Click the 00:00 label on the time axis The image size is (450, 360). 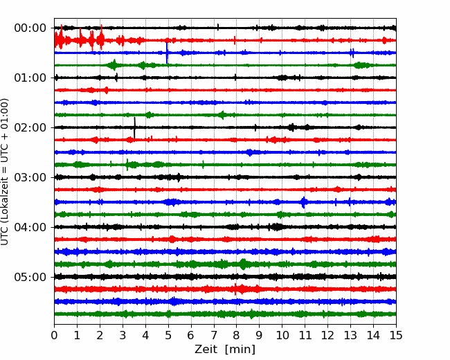point(30,28)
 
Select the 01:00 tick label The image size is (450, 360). point(30,78)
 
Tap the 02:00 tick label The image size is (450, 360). point(30,127)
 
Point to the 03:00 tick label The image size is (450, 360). point(30,177)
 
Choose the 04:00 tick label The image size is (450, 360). point(30,227)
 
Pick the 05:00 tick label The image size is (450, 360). point(30,277)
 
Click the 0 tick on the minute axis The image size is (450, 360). point(54,335)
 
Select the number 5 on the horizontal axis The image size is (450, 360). point(168,335)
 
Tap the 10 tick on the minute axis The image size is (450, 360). point(282,335)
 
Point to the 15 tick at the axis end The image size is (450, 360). point(396,335)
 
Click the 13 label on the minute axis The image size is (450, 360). point(350,335)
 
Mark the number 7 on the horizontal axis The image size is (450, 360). point(214,335)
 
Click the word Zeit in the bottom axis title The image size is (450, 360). point(206,350)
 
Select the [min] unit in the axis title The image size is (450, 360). point(240,350)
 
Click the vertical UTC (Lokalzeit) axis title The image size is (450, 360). point(4,172)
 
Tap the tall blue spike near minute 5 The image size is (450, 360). point(167,53)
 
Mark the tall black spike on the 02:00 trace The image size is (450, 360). point(134,127)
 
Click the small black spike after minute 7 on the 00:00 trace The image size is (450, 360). point(218,27)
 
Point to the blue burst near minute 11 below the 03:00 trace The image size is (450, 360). point(304,202)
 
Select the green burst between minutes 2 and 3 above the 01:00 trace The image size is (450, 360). point(114,65)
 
